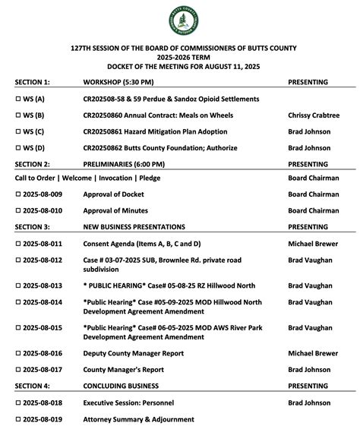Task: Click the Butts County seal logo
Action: pyautogui.click(x=181, y=21)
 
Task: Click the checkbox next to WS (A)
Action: pyautogui.click(x=19, y=99)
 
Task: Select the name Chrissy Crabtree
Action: pyautogui.click(x=314, y=115)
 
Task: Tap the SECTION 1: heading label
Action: pyautogui.click(x=33, y=81)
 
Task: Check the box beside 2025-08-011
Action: pyautogui.click(x=19, y=244)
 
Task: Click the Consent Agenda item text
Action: pyautogui.click(x=142, y=244)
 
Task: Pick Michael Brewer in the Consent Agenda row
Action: pyautogui.click(x=313, y=244)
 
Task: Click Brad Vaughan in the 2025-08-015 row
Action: pyautogui.click(x=310, y=328)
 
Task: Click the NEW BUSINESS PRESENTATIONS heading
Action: pyautogui.click(x=134, y=226)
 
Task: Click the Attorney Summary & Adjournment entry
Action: pyautogui.click(x=138, y=419)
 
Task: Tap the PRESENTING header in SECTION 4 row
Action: pyautogui.click(x=308, y=385)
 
